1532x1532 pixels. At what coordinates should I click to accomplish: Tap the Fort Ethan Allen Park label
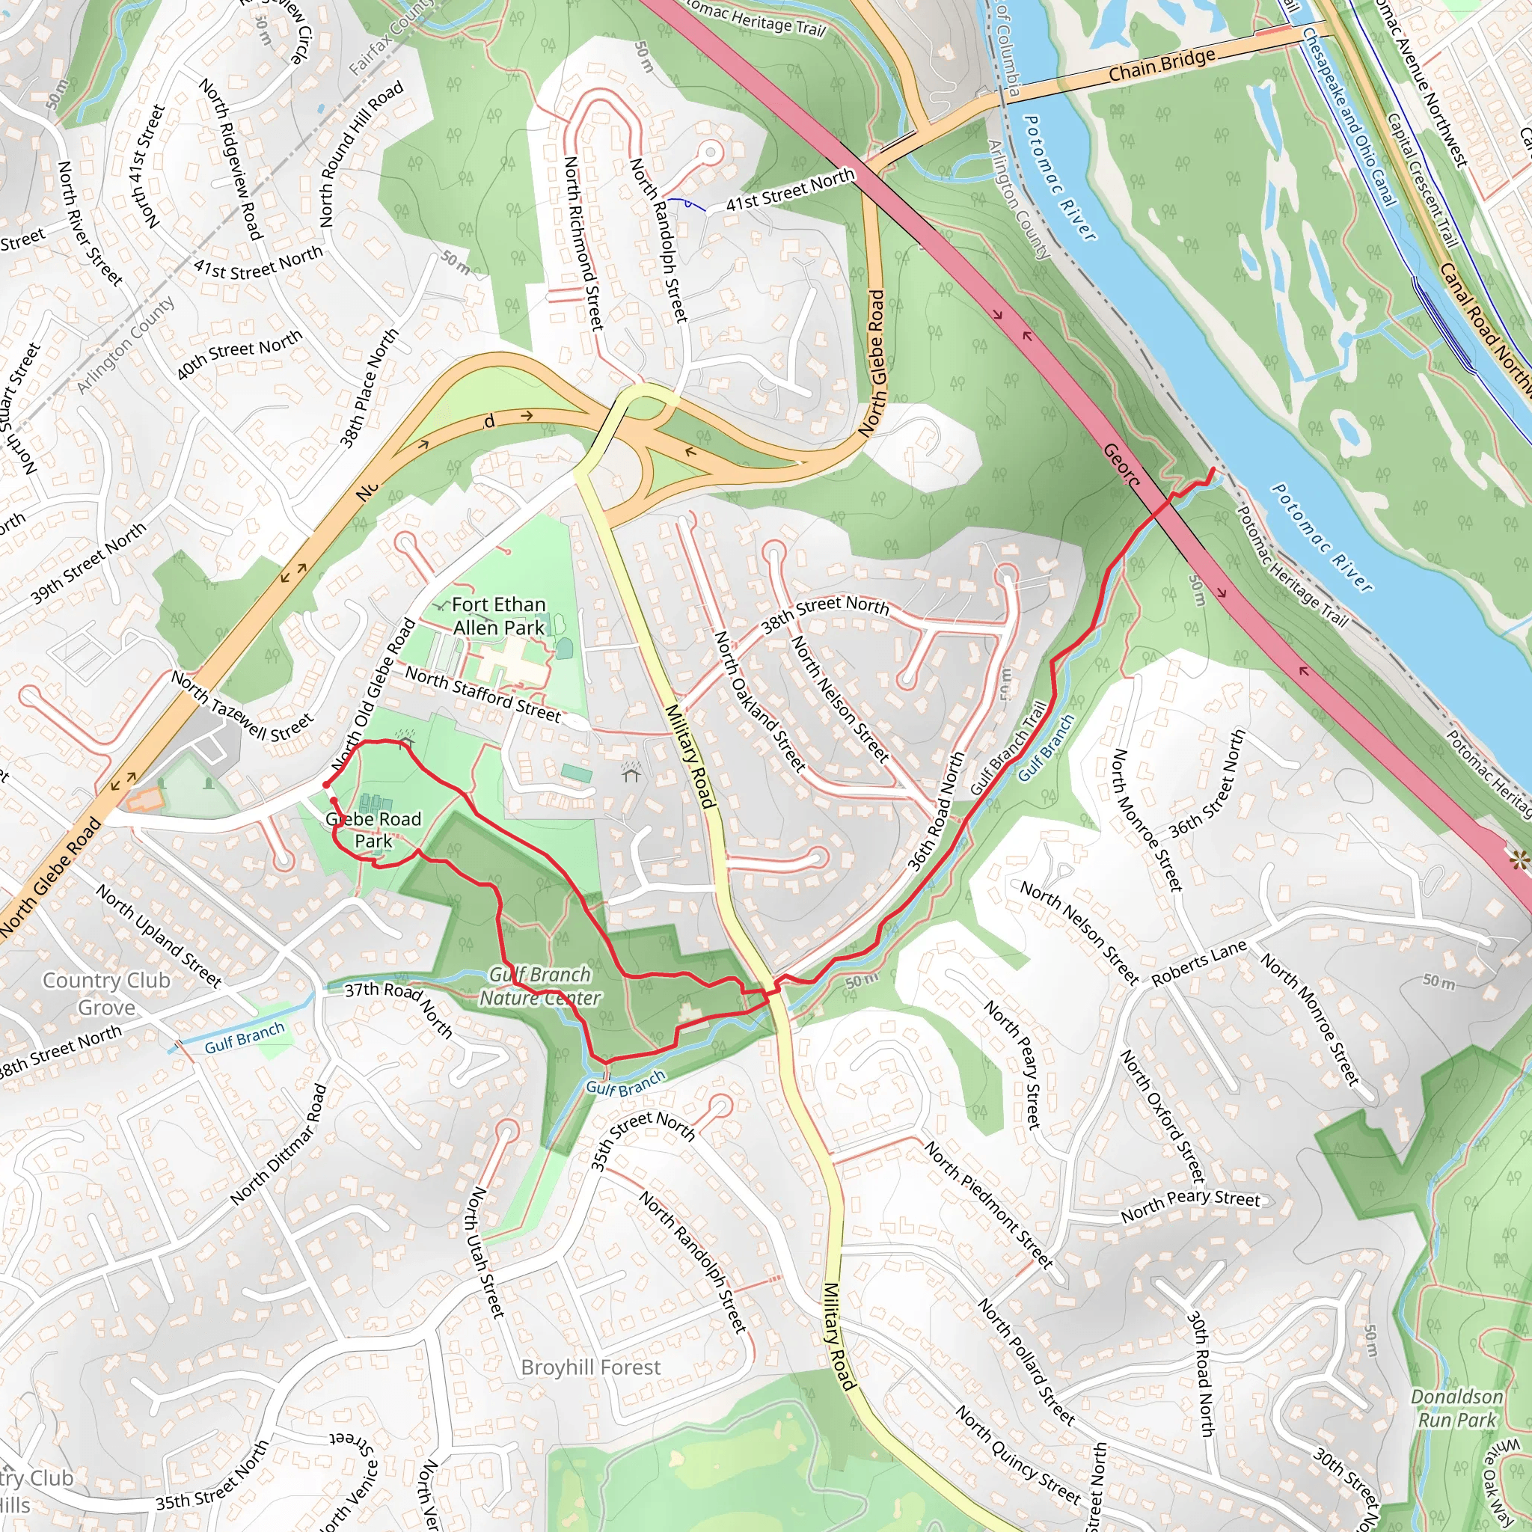499,616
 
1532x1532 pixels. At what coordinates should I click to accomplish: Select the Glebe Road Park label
373,830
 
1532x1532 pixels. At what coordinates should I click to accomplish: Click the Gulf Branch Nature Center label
540,986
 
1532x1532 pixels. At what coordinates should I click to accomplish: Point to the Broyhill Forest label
591,1367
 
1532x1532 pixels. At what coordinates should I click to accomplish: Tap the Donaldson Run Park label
1456,1409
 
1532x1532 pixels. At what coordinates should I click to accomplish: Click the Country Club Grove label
106,993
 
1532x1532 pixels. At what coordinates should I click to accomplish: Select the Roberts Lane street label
1199,963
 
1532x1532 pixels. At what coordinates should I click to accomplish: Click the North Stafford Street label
483,694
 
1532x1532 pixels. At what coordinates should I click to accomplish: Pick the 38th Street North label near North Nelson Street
824,613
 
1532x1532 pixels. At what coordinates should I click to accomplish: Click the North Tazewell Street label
242,705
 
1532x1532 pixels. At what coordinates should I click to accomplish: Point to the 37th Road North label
398,1008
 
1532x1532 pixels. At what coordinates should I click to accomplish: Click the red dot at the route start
327,785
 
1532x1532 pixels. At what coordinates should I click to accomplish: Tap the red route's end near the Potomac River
1213,471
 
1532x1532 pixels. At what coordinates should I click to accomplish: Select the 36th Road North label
937,811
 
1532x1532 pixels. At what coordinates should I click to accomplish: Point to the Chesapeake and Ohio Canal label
1348,117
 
